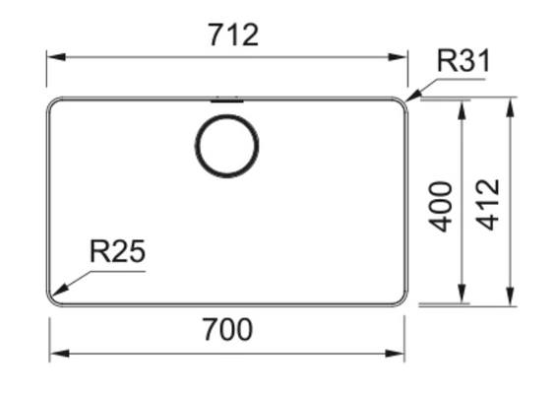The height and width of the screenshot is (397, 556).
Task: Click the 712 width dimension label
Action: (233, 34)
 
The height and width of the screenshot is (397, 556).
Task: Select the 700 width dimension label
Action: (227, 330)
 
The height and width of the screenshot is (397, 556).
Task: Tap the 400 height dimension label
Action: (441, 207)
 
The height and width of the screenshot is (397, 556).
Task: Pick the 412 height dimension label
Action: (487, 205)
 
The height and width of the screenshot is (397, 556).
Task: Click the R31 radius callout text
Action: (463, 61)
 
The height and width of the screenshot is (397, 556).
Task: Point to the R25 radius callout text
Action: (118, 251)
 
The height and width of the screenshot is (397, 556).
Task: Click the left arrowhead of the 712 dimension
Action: (56, 57)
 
